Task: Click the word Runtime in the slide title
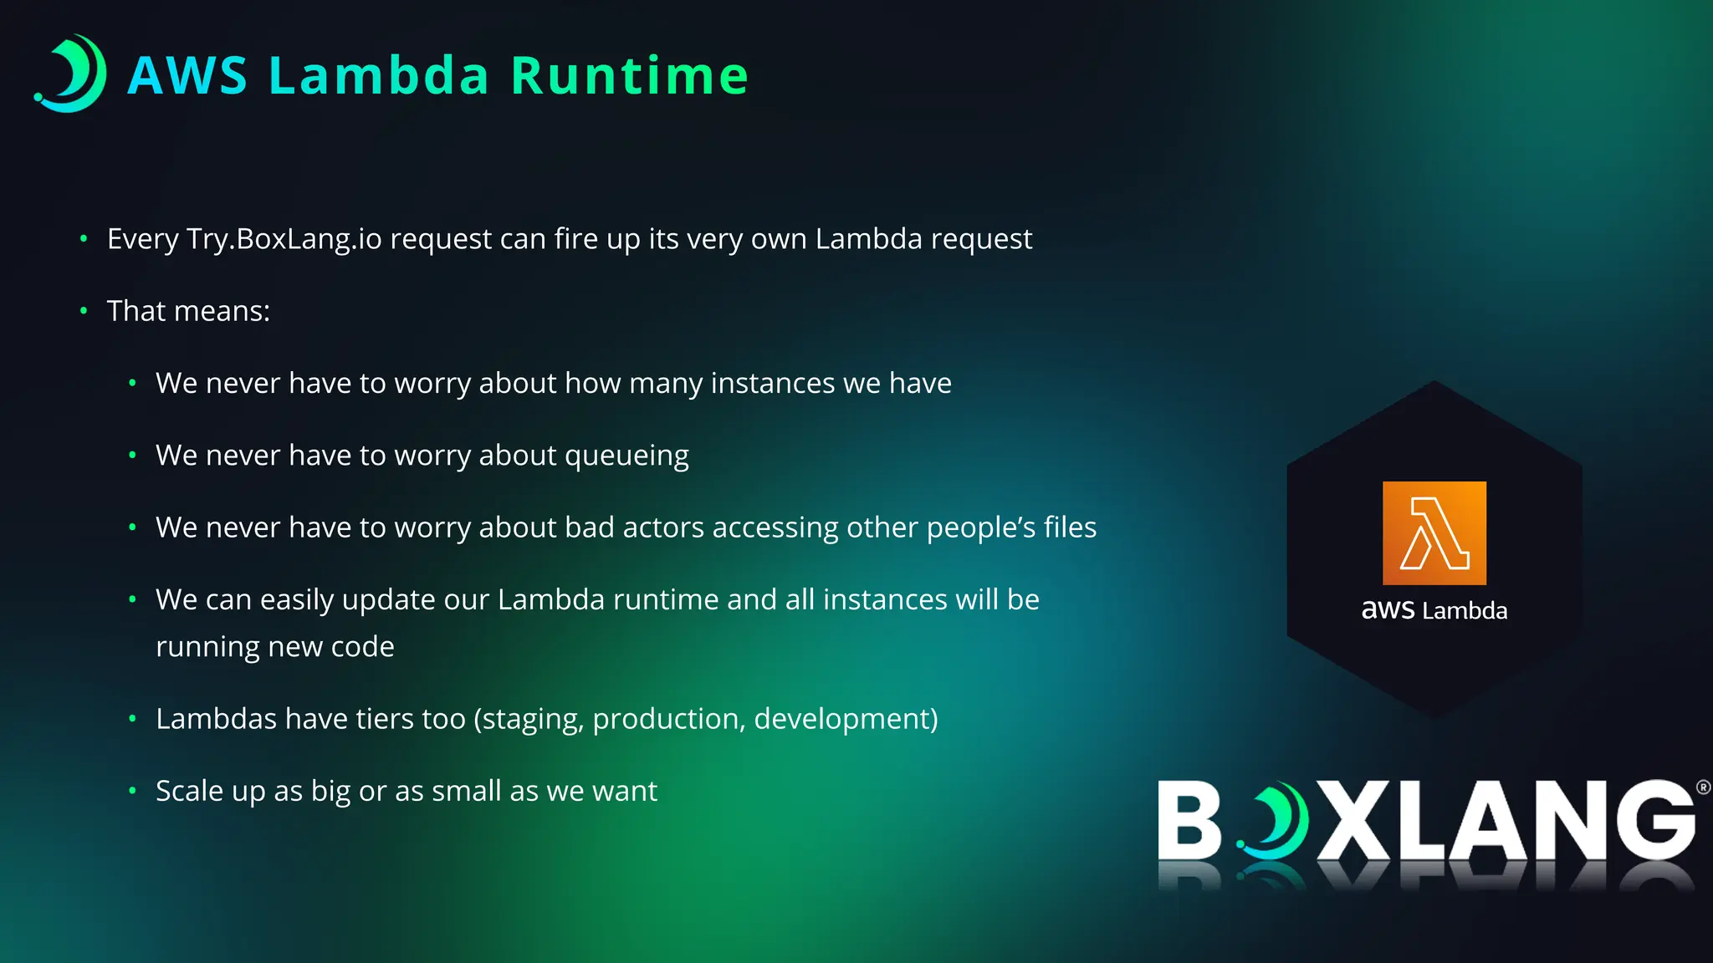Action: tap(629, 76)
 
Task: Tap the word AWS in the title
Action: tap(187, 76)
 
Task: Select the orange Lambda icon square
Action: tap(1434, 532)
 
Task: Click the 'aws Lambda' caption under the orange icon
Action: tap(1434, 610)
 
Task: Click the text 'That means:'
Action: tap(188, 311)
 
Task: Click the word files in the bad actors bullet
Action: tap(1070, 527)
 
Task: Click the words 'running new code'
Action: tap(274, 647)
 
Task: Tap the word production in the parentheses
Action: tap(668, 720)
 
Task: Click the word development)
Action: tap(846, 719)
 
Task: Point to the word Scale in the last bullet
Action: tap(189, 791)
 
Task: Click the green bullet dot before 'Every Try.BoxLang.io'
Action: tap(84, 239)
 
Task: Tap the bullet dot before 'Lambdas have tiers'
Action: tap(132, 719)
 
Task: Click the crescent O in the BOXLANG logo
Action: tap(1273, 821)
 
